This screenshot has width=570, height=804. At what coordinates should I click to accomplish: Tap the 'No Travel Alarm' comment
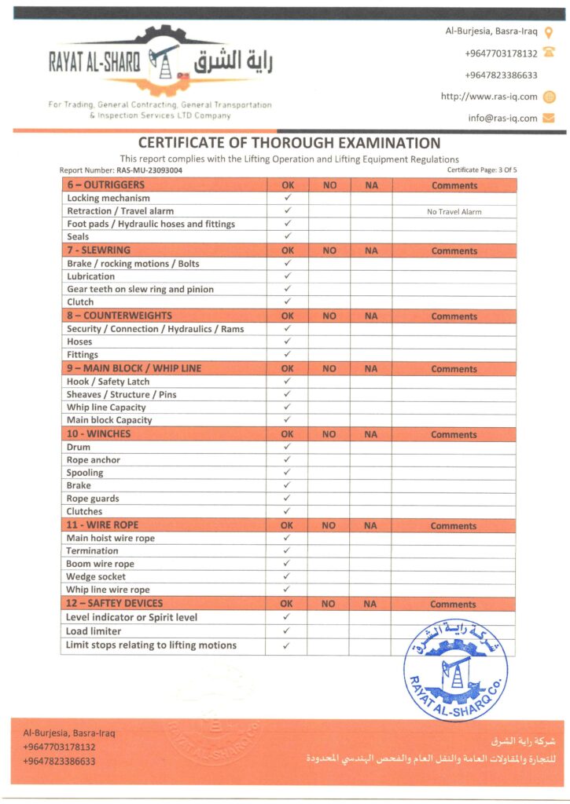point(454,211)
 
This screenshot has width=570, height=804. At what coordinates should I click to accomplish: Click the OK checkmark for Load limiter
point(287,630)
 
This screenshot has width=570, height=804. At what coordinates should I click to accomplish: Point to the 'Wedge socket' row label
point(96,576)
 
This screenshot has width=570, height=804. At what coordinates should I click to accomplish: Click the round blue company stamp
point(455,668)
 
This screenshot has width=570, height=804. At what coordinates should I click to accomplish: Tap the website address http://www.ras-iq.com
point(489,97)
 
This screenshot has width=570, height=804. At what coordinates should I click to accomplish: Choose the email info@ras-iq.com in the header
point(502,119)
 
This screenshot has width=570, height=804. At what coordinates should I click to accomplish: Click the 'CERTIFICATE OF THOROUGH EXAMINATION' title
point(289,143)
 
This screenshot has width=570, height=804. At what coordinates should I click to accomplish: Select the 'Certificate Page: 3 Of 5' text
point(482,170)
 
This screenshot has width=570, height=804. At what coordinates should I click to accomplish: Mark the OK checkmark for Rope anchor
point(287,459)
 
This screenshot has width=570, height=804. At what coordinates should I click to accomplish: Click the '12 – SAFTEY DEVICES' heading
point(115,603)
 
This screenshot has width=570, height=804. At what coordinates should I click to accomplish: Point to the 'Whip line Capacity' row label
point(106,407)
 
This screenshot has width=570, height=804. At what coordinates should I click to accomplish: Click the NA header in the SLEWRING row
point(371,251)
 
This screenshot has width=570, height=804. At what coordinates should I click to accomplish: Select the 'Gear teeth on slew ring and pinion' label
point(140,289)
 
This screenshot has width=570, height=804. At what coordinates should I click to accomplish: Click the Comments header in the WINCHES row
point(454,434)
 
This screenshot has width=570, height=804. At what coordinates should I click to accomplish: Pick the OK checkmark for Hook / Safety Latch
point(287,382)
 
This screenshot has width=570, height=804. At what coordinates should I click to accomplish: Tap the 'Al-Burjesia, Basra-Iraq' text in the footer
point(68,733)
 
